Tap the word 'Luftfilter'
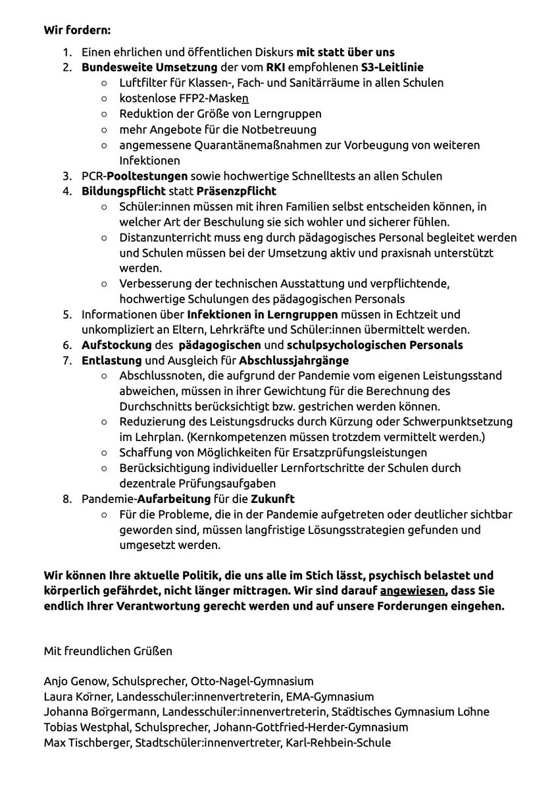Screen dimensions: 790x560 pyautogui.click(x=143, y=83)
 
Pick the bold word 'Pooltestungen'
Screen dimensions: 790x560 pyautogui.click(x=148, y=176)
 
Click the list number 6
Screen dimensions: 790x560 pyautogui.click(x=67, y=346)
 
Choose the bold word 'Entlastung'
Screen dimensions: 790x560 pyautogui.click(x=112, y=361)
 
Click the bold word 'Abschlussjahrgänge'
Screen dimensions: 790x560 pyautogui.click(x=293, y=361)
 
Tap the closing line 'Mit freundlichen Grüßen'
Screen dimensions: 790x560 pyautogui.click(x=108, y=652)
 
